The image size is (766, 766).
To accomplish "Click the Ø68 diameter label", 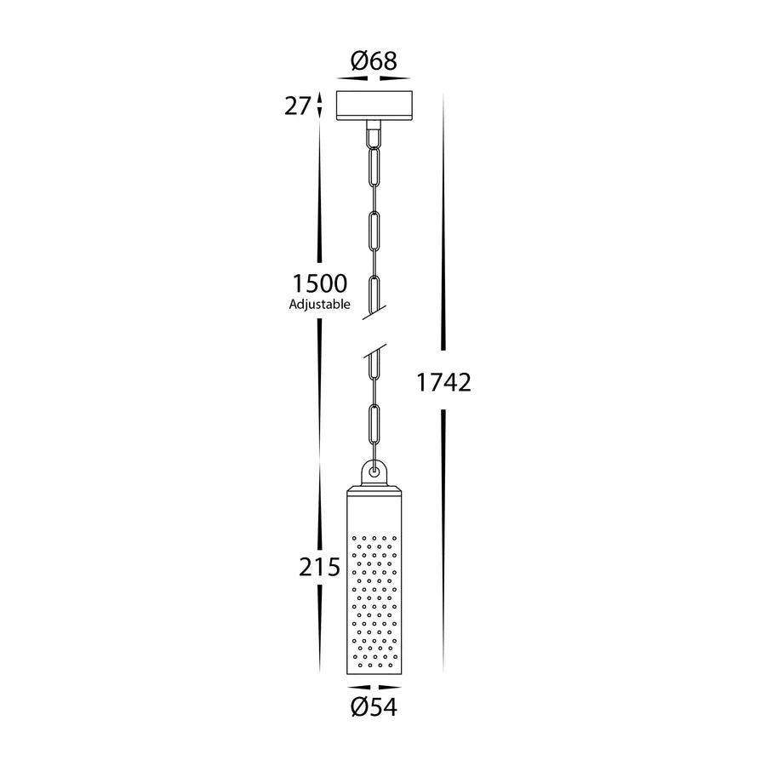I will (x=374, y=60).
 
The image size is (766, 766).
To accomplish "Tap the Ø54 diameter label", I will (x=374, y=706).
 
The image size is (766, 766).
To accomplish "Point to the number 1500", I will (x=319, y=283).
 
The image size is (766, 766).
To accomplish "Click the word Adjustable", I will (x=319, y=305).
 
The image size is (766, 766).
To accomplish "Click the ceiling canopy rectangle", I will (x=374, y=105).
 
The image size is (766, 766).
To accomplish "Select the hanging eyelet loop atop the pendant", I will (x=373, y=471).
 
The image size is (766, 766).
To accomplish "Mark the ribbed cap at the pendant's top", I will (x=373, y=490).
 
